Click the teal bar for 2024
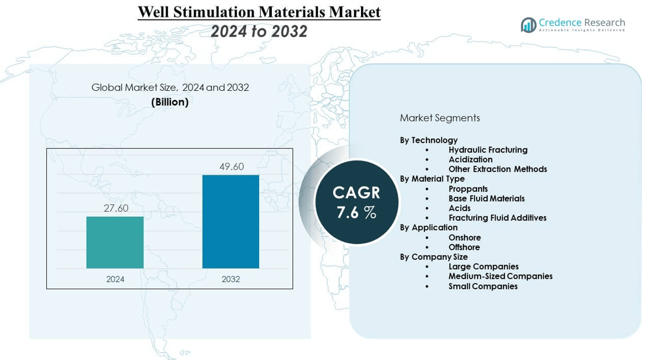tap(115, 242)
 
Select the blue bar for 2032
tap(231, 222)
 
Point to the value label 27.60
tap(116, 209)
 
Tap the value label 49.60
tap(231, 167)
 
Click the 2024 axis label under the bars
tap(115, 279)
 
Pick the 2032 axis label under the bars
tap(231, 279)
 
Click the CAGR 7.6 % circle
tap(357, 202)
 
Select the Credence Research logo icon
tap(528, 25)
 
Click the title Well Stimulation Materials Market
tap(259, 12)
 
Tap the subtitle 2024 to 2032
tap(259, 31)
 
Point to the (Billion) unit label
tap(170, 102)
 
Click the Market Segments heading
tap(440, 118)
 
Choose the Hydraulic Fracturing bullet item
tap(488, 150)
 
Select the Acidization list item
tap(470, 159)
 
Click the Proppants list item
tap(468, 189)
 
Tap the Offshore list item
tap(464, 247)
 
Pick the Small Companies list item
tap(482, 286)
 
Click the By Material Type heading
tap(432, 179)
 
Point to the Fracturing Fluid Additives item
tap(497, 217)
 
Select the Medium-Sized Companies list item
tap(500, 276)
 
